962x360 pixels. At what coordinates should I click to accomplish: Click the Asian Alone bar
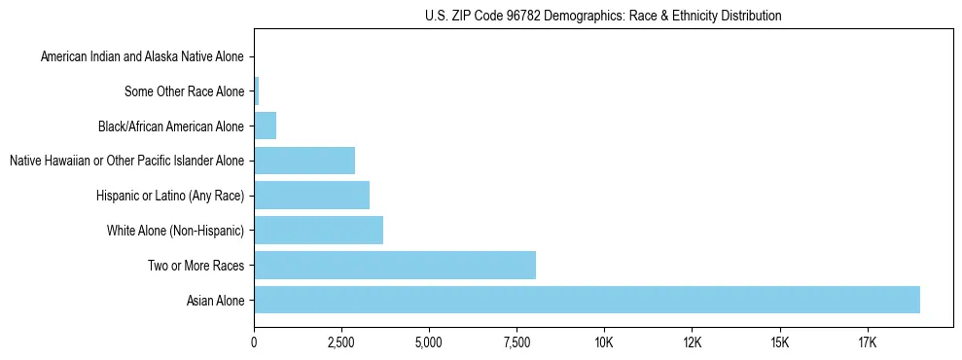[x=587, y=300]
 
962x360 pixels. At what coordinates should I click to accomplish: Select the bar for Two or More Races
[x=395, y=265]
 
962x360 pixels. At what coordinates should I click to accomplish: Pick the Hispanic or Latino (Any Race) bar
[x=311, y=196]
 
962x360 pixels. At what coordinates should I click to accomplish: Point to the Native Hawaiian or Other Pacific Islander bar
[x=304, y=161]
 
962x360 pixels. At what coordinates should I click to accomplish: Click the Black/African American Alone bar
[x=265, y=126]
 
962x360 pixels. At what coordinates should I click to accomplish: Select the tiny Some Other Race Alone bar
[x=256, y=91]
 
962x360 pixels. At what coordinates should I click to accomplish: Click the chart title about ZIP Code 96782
[x=603, y=16]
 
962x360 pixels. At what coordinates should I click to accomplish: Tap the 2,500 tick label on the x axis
[x=341, y=342]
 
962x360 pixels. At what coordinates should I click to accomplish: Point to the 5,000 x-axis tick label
[x=429, y=342]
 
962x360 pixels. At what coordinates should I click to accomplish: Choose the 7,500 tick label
[x=517, y=342]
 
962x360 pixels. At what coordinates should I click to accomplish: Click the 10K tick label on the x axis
[x=604, y=342]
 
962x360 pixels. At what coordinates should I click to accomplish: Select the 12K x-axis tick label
[x=692, y=342]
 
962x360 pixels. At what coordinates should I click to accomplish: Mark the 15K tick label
[x=779, y=342]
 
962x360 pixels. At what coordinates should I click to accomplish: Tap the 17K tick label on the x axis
[x=867, y=342]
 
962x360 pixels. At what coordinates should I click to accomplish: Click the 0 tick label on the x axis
[x=254, y=342]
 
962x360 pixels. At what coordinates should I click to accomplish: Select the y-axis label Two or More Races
[x=200, y=266]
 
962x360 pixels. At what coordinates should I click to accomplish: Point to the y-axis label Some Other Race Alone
[x=185, y=92]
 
